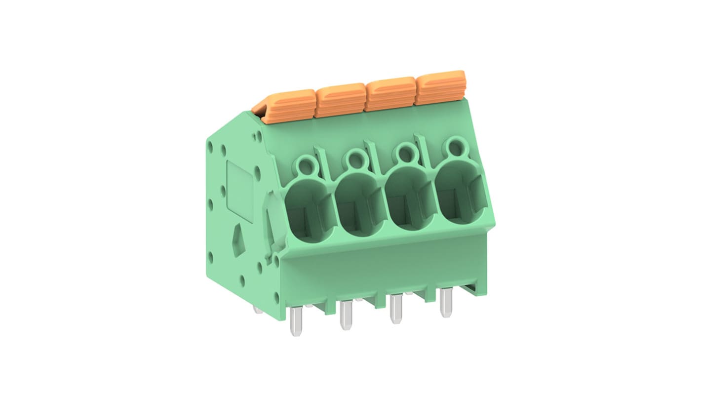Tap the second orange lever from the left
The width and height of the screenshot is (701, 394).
point(340,100)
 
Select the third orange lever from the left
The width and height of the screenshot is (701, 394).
point(390,93)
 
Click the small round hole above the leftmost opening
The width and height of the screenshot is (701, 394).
point(306,162)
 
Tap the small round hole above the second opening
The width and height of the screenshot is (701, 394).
point(355,158)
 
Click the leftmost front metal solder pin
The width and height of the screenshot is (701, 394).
point(296,321)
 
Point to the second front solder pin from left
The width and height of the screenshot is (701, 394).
point(346,315)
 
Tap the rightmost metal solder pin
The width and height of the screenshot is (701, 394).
point(446,302)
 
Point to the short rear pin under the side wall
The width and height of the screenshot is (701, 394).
point(257,309)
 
